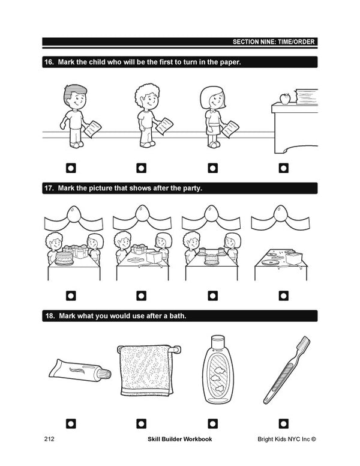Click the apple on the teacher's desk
click(x=285, y=98)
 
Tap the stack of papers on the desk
click(x=307, y=97)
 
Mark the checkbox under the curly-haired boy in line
click(x=142, y=168)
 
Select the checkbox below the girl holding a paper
click(x=212, y=168)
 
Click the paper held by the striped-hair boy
click(x=92, y=129)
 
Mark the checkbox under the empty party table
click(x=284, y=295)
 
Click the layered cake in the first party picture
click(x=64, y=258)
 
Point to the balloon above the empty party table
click(x=280, y=213)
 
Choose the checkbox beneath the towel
click(x=142, y=423)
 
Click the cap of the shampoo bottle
click(x=218, y=342)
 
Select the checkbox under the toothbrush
click(x=284, y=423)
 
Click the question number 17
click(x=49, y=188)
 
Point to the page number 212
click(x=49, y=439)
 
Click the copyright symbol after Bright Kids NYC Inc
click(x=314, y=439)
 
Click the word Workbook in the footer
click(x=197, y=439)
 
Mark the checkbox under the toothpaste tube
click(x=71, y=423)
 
